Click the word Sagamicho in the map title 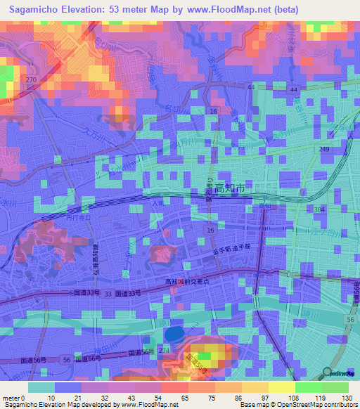34,10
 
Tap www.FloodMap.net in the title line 218,10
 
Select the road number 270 30,81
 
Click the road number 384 320,210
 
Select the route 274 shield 165,350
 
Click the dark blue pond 172,333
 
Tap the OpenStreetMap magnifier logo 327,373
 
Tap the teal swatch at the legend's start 41,387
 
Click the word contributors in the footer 338,405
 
